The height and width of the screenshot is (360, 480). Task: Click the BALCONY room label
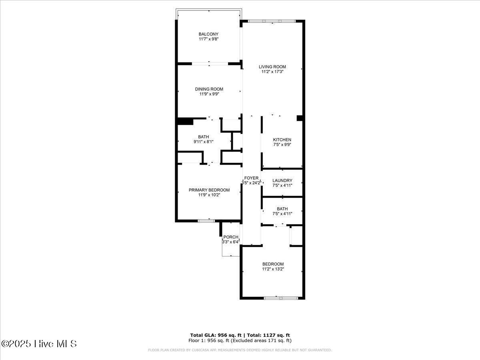coord(208,34)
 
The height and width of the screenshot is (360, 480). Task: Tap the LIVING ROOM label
coord(272,67)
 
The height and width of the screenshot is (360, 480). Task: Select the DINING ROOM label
coord(209,89)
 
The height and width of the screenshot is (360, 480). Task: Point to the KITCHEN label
coord(282,140)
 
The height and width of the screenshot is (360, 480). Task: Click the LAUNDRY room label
coord(282,180)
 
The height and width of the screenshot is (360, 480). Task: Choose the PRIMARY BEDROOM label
coord(209,190)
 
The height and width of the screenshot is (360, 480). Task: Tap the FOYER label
coord(252,178)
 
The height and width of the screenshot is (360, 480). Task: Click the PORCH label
coord(231,237)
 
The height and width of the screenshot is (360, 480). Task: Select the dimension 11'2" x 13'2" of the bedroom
coord(273,269)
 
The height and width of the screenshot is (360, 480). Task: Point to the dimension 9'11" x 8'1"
coord(203,142)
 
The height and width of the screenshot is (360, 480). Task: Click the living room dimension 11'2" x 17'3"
coord(272,72)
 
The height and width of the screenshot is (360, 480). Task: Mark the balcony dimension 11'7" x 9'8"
coord(208,39)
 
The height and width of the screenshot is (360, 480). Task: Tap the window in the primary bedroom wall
coord(206,220)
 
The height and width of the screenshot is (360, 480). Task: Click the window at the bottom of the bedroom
coord(281,298)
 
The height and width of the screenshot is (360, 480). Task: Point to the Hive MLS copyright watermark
coord(39,344)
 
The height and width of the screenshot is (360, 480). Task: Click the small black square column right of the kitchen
coord(300,118)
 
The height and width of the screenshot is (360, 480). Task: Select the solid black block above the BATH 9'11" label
coord(185,121)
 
